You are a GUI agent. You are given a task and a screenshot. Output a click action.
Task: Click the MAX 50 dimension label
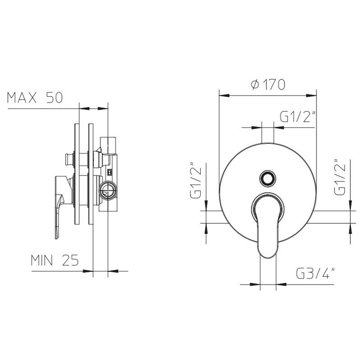(x=35, y=98)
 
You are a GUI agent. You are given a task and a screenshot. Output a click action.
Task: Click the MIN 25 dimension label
(x=55, y=260)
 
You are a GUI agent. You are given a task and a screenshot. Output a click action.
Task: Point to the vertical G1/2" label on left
(x=196, y=180)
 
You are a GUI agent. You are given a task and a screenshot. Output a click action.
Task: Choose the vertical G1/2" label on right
(x=340, y=177)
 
